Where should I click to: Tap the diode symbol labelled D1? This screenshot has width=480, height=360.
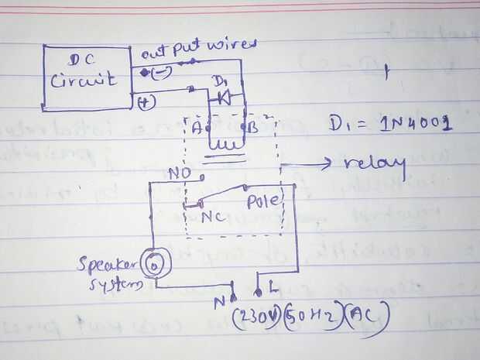point(222,98)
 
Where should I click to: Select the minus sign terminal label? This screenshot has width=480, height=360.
point(161,74)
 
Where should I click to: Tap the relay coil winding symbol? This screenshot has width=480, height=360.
point(225,144)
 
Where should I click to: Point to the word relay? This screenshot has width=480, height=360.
point(375,165)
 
